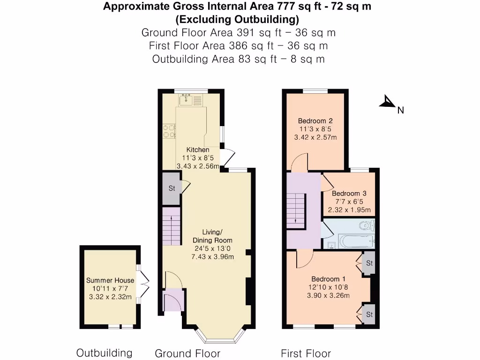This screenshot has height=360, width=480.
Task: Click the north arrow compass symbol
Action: tap(388, 102)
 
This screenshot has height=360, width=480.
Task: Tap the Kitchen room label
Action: tap(198, 150)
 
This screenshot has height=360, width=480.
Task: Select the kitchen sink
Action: tap(186, 99)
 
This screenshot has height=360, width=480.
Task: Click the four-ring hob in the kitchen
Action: tap(169, 131)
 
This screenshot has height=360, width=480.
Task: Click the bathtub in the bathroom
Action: tap(357, 241)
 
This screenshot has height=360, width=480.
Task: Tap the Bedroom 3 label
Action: tap(349, 194)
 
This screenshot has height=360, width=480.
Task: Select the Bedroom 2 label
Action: tap(315, 121)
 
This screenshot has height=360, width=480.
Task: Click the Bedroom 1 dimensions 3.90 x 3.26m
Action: tap(328, 296)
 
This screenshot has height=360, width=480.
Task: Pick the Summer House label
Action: tap(110, 280)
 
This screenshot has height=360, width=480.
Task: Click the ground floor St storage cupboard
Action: tap(172, 188)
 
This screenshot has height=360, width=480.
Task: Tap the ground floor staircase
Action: tap(171, 226)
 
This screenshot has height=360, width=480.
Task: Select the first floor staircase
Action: tap(296, 211)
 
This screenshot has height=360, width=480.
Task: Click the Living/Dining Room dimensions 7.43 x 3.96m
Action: tap(212, 257)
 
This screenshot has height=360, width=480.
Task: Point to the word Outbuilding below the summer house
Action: tap(104, 353)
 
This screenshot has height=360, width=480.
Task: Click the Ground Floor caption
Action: tap(187, 353)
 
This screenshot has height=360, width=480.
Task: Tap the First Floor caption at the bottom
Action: tap(306, 353)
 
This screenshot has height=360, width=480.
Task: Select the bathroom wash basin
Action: tap(331, 245)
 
